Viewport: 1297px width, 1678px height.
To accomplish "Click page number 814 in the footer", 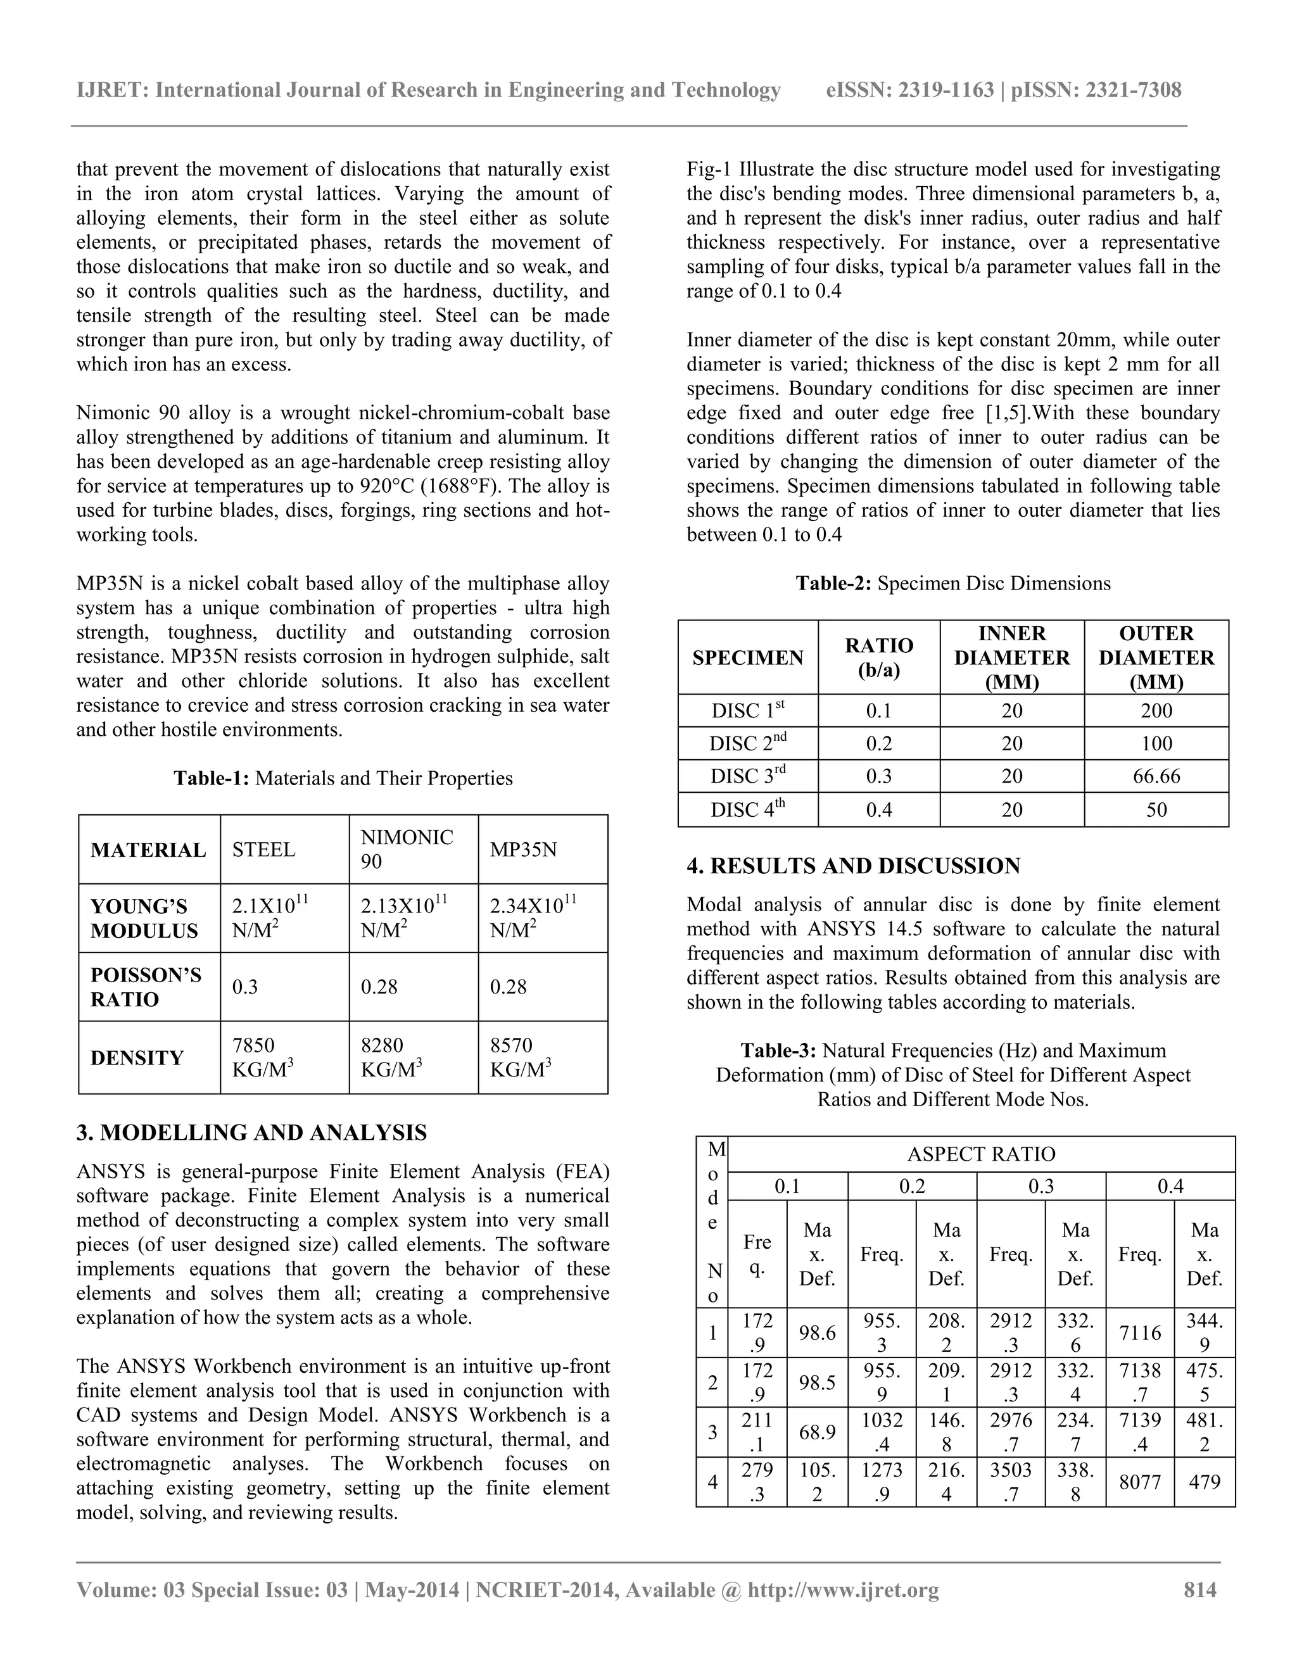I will click(1199, 1589).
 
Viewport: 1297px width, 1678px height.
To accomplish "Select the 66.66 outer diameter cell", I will click(1156, 776).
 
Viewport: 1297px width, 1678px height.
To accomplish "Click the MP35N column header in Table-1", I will click(523, 849).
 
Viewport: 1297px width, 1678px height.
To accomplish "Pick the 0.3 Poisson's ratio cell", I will click(245, 987).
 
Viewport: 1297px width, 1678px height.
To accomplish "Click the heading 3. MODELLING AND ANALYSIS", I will click(251, 1133).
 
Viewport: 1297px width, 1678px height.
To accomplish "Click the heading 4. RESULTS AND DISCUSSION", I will click(853, 866).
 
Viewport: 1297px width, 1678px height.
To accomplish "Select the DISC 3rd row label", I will click(748, 776).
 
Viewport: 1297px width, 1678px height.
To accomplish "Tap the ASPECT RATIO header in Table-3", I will click(980, 1154).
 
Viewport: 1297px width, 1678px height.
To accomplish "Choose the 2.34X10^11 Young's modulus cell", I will click(533, 918).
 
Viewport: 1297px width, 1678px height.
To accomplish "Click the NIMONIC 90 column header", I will click(407, 849).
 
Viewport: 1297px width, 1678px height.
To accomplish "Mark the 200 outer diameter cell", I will click(1156, 710).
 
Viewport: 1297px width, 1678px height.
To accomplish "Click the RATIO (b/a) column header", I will click(878, 658).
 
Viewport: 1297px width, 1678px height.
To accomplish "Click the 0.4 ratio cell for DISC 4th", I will click(878, 810).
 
